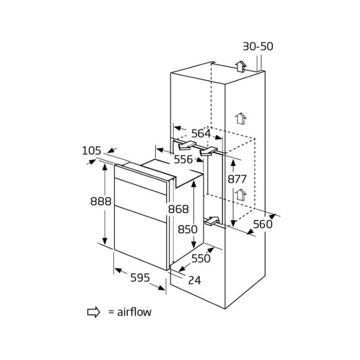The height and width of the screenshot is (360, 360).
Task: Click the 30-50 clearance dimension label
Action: (258, 46)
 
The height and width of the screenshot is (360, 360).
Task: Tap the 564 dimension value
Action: (201, 133)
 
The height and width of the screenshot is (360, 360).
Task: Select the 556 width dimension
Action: (183, 159)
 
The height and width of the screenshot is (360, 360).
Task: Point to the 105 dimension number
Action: (92, 151)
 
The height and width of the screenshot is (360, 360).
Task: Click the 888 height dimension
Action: (101, 201)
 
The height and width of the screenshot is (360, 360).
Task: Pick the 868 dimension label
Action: (178, 209)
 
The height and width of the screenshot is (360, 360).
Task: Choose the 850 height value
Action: (187, 229)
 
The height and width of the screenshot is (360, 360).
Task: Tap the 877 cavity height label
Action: (237, 179)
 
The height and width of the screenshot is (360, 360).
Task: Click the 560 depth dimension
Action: (263, 224)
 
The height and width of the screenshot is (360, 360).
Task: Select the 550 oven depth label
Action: (201, 258)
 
